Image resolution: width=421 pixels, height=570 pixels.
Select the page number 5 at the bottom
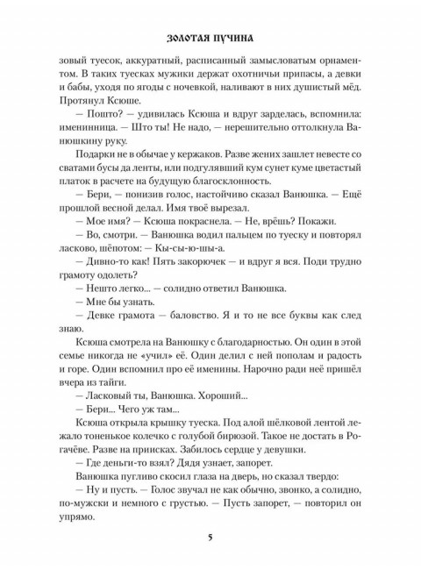pyautogui.click(x=210, y=536)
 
